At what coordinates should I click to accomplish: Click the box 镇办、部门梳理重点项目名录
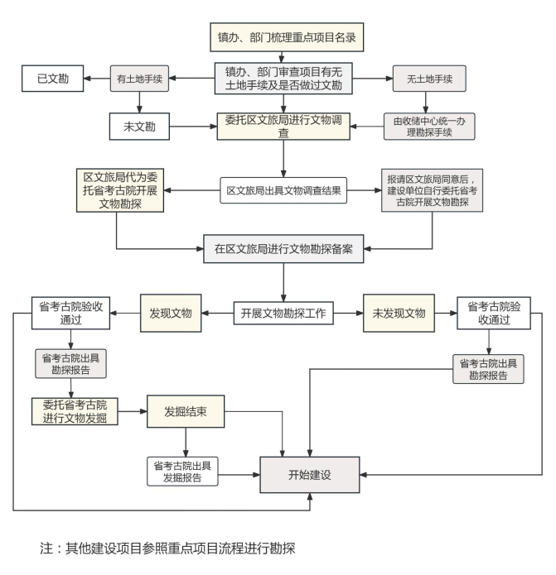tap(284, 38)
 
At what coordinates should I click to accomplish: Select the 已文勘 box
tap(52, 79)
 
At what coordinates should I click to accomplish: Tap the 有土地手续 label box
tap(140, 79)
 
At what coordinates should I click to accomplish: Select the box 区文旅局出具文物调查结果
tap(284, 190)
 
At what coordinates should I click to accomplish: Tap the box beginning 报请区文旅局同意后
tap(432, 190)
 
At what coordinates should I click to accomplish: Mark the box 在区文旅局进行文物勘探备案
tap(284, 248)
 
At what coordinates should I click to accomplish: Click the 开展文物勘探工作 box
tap(284, 314)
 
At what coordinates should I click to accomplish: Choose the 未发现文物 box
tap(399, 314)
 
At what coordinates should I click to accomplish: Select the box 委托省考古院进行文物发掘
tap(75, 411)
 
